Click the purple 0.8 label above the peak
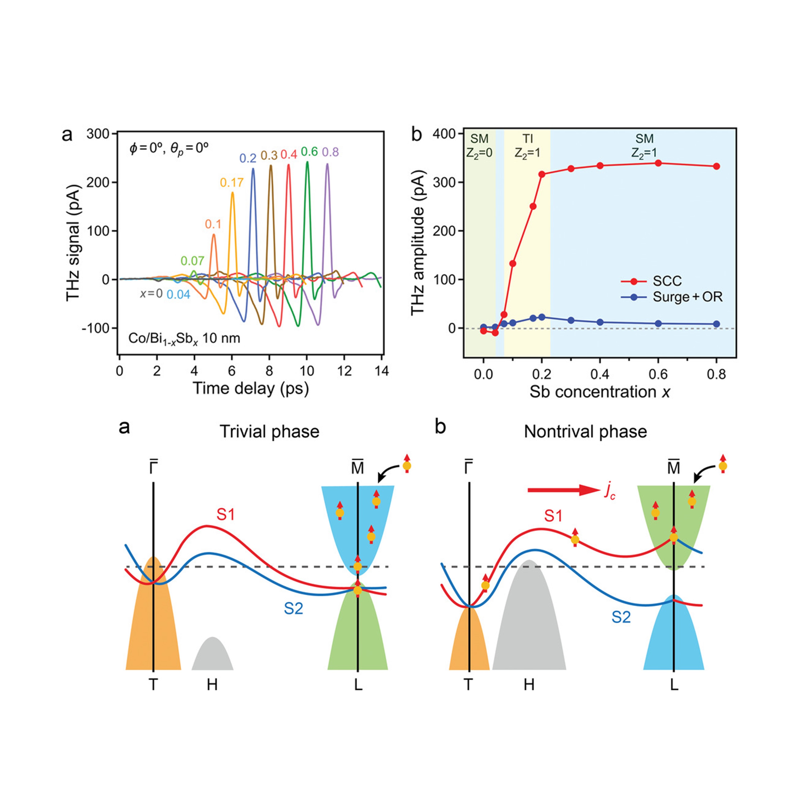point(330,152)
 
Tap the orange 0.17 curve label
point(232,182)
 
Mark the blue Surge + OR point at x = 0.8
point(717,324)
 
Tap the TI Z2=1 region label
point(528,145)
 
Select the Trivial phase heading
point(269,432)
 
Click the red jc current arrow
point(563,490)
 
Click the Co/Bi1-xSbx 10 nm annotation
point(184,338)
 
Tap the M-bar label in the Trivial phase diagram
point(357,467)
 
